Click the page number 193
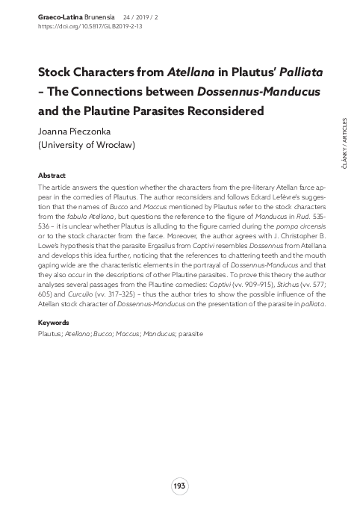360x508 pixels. tap(179, 486)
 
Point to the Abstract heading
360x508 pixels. tap(52, 175)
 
